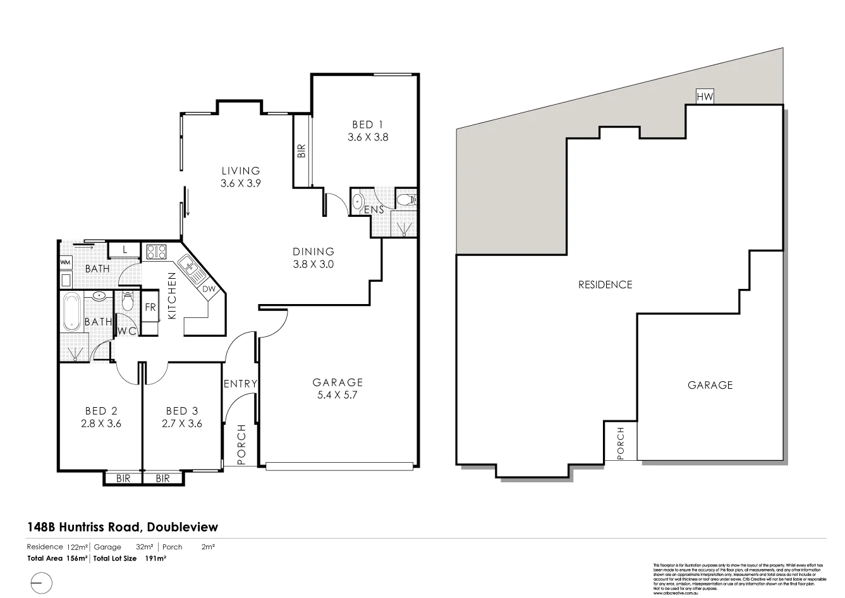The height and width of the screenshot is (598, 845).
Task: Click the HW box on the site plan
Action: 705,97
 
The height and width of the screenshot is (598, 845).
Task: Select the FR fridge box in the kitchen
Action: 150,308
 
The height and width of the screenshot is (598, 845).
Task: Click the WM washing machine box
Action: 65,262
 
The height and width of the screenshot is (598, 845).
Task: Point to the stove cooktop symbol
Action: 155,252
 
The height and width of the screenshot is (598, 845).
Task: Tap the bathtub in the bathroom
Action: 71,312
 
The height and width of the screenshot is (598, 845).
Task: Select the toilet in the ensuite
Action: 406,200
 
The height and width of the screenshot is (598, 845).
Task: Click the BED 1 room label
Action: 367,125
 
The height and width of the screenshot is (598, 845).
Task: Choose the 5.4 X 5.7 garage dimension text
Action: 338,395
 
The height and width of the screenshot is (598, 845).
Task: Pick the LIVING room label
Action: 240,171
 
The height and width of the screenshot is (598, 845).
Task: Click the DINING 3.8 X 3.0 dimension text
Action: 313,264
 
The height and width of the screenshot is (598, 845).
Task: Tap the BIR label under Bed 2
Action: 123,479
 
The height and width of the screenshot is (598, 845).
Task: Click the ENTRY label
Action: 240,384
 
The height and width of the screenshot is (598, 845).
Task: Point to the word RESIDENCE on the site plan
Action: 605,284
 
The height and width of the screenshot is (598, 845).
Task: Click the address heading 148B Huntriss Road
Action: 122,527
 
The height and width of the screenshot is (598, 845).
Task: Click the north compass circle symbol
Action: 39,581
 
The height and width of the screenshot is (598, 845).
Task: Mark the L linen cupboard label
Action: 125,250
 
